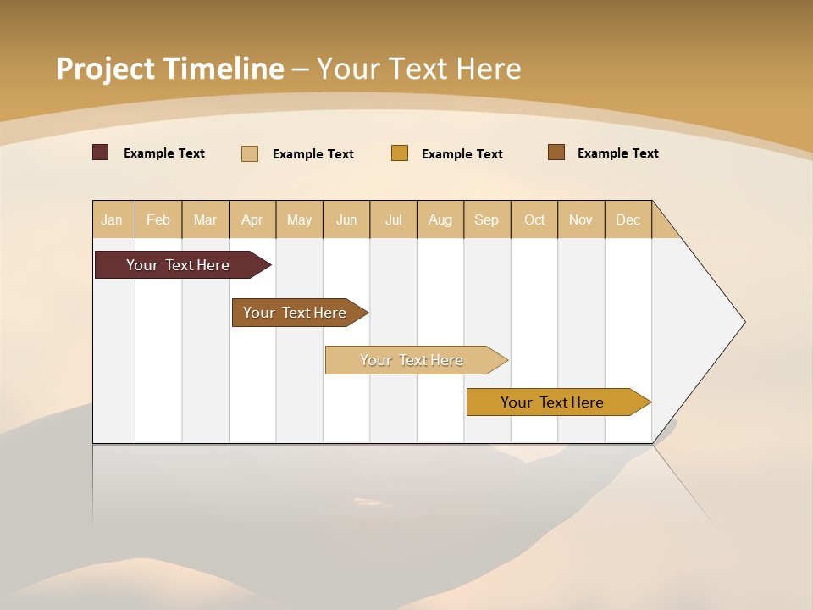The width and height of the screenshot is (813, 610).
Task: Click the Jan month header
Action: [x=113, y=219]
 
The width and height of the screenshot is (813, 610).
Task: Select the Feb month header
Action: [x=158, y=219]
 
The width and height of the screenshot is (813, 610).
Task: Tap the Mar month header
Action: [x=205, y=219]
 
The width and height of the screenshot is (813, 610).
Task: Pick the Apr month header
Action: [x=252, y=219]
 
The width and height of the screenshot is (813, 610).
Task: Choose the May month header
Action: [x=299, y=219]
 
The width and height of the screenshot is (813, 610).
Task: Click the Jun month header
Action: [x=346, y=219]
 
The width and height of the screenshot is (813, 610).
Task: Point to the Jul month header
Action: [x=393, y=219]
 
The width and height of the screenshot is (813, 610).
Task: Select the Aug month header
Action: [x=440, y=219]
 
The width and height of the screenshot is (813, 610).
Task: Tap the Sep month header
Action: [x=487, y=219]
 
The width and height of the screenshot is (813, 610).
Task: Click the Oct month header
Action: [x=534, y=219]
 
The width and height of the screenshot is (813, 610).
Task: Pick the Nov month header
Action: [x=581, y=219]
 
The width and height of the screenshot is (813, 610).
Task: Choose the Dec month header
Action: [x=628, y=219]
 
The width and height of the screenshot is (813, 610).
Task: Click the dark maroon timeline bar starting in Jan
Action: [x=178, y=265]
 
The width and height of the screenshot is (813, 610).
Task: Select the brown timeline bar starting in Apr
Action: [x=295, y=313]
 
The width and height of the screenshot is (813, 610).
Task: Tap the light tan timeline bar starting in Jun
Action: [x=412, y=360]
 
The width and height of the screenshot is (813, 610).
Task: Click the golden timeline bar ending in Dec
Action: [x=552, y=402]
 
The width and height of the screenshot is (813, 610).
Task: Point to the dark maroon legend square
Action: [x=100, y=152]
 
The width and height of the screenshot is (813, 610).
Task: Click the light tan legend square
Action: [x=250, y=153]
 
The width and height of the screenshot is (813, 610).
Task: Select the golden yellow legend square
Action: [x=400, y=153]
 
